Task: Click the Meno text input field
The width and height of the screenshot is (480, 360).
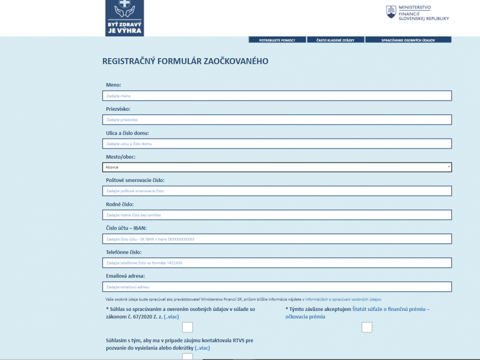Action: tap(276, 96)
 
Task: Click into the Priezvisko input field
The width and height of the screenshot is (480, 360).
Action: tap(276, 120)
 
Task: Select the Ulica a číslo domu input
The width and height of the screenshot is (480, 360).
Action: tap(276, 144)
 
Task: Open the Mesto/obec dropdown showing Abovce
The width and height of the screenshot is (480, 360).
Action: tap(276, 167)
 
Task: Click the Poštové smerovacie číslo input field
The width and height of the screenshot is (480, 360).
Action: tap(276, 191)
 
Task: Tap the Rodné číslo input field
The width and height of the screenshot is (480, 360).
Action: tap(276, 215)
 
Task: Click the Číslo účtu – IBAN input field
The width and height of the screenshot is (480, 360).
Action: tap(276, 239)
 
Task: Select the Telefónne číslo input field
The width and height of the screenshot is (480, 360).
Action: tap(276, 263)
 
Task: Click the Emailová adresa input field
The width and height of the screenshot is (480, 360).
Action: tap(276, 287)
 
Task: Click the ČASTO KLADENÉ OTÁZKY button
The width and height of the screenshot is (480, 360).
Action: tap(335, 39)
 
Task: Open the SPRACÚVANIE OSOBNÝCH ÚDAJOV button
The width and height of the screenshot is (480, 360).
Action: tap(408, 39)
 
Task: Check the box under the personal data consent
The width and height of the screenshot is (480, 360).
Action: tap(187, 327)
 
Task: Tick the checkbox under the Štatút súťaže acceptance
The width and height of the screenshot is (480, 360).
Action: tap(367, 327)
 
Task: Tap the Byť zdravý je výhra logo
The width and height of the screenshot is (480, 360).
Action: tap(124, 18)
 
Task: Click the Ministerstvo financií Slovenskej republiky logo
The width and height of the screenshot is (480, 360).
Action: tap(417, 13)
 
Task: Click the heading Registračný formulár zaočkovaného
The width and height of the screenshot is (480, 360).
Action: tap(185, 62)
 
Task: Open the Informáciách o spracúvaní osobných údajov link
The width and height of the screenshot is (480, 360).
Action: tap(343, 299)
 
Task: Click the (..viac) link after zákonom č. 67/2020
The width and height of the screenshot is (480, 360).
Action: tap(171, 317)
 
